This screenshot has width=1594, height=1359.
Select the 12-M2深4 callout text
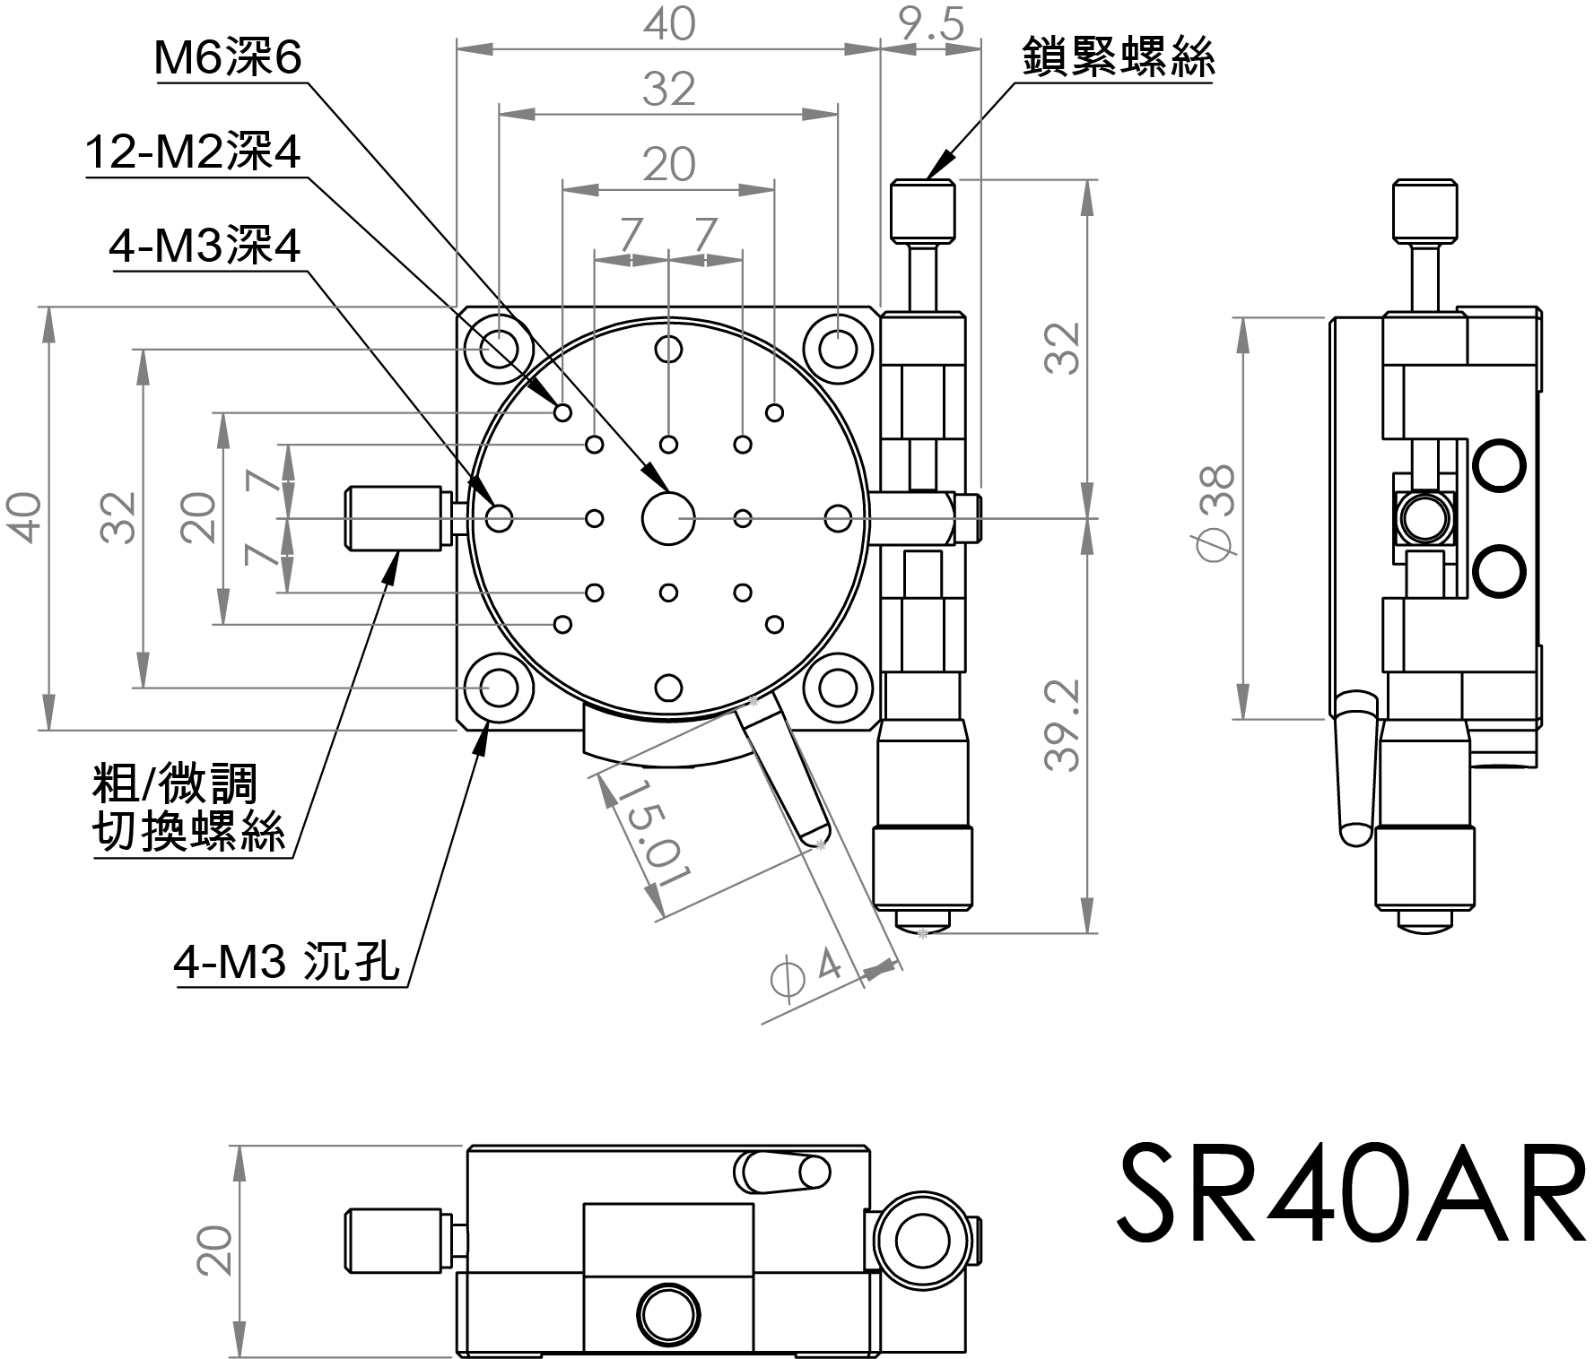(x=194, y=153)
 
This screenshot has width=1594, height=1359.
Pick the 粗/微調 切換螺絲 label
(x=189, y=807)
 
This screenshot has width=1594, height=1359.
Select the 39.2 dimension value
(x=1065, y=724)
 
